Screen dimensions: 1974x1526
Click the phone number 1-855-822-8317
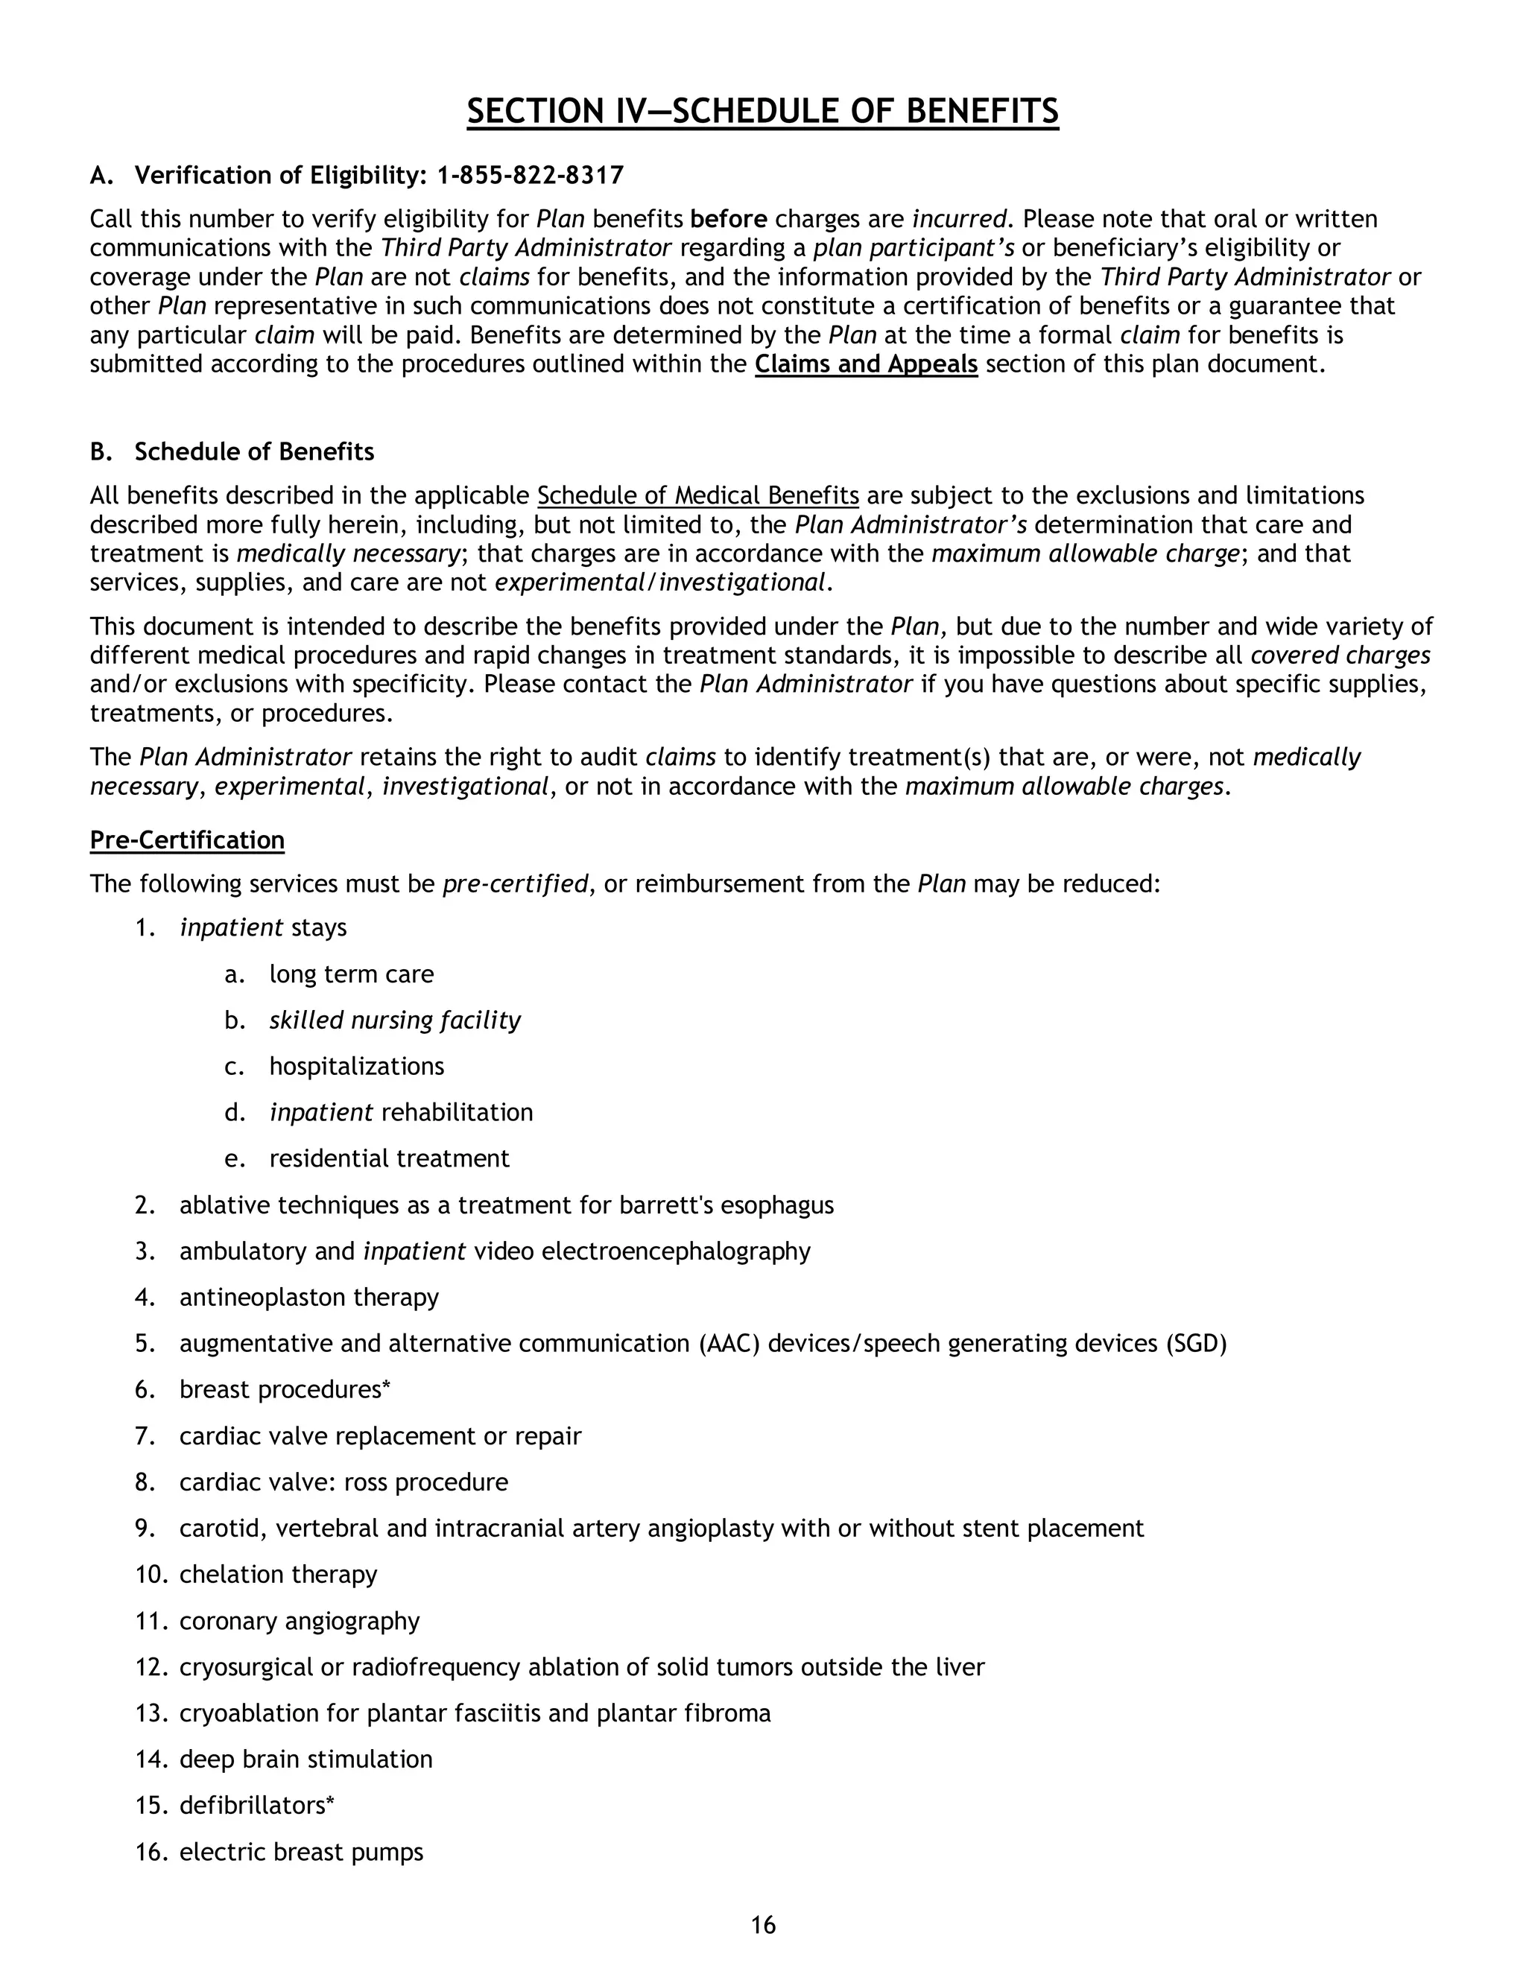pyautogui.click(x=530, y=175)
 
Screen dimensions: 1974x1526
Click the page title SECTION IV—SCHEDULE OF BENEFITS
pyautogui.click(x=762, y=111)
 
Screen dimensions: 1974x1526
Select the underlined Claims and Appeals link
pyautogui.click(x=866, y=364)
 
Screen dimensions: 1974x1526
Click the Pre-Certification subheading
pyautogui.click(x=187, y=840)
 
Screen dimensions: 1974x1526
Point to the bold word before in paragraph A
pyautogui.click(x=729, y=220)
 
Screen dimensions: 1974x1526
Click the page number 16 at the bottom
pyautogui.click(x=763, y=1925)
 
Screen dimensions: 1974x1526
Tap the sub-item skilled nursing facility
pyautogui.click(x=394, y=1021)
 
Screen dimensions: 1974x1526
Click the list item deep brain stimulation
pyautogui.click(x=305, y=1759)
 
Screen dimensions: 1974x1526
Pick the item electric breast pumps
pyautogui.click(x=301, y=1852)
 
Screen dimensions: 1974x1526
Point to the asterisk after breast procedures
pyautogui.click(x=386, y=1386)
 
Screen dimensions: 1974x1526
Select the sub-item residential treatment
pyautogui.click(x=389, y=1159)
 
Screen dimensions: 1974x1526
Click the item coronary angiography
pyautogui.click(x=300, y=1621)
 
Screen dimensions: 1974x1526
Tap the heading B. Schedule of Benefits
pyautogui.click(x=232, y=452)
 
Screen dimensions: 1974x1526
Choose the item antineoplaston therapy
pyautogui.click(x=308, y=1297)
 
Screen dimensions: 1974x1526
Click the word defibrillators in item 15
pyautogui.click(x=253, y=1805)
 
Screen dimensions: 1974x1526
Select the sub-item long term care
pyautogui.click(x=351, y=974)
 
